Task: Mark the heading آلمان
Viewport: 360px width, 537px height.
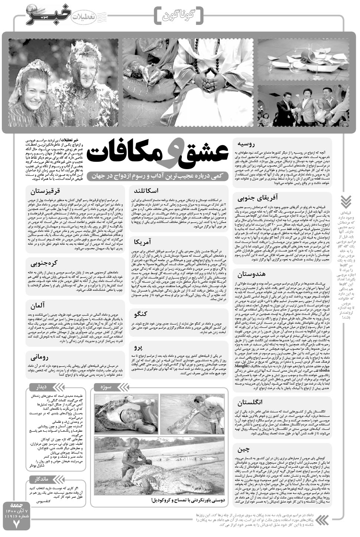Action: tap(38, 306)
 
